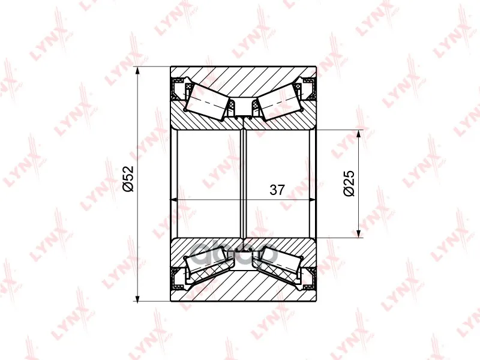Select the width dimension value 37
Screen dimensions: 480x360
277,190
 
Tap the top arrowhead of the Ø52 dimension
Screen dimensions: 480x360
137,70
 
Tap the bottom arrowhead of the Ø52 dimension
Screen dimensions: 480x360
137,298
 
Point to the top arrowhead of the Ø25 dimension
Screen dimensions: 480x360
358,134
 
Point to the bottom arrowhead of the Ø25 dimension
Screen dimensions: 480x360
358,233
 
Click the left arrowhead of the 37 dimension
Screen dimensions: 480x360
175,200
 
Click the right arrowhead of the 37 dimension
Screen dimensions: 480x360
311,200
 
